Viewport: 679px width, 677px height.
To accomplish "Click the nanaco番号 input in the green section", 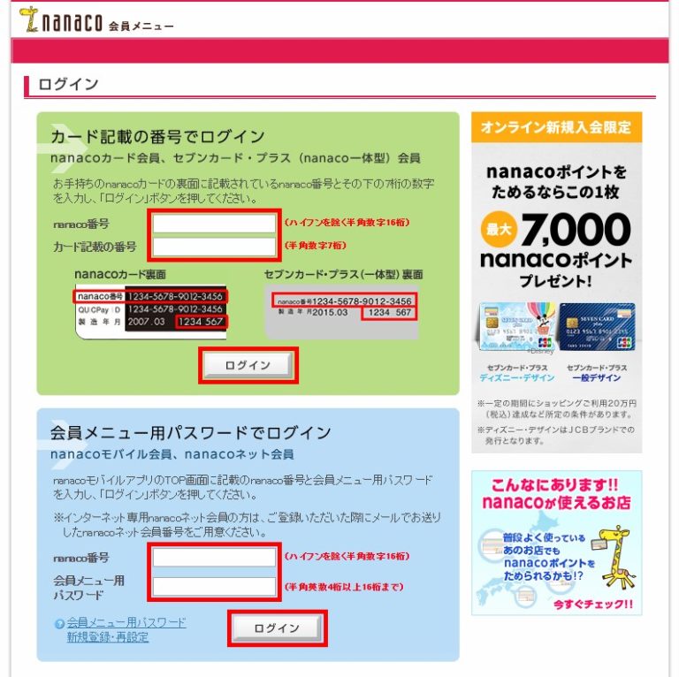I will click(215, 223).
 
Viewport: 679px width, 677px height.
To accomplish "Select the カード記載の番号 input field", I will click(215, 246).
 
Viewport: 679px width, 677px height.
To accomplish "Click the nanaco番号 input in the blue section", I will click(215, 557).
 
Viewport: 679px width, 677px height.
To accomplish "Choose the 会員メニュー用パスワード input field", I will click(215, 586).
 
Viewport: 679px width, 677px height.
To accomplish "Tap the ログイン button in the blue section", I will click(277, 628).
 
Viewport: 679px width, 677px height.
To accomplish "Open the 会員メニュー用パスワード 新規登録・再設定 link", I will click(126, 629).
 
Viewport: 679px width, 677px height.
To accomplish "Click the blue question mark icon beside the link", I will click(59, 623).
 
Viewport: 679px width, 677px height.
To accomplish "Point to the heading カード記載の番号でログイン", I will click(157, 136).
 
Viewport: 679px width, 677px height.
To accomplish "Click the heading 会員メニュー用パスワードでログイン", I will click(191, 433).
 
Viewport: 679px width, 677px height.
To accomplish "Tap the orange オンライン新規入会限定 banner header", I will click(556, 127).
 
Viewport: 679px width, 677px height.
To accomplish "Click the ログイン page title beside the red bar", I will click(68, 84).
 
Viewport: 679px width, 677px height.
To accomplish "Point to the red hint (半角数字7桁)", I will click(315, 245).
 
